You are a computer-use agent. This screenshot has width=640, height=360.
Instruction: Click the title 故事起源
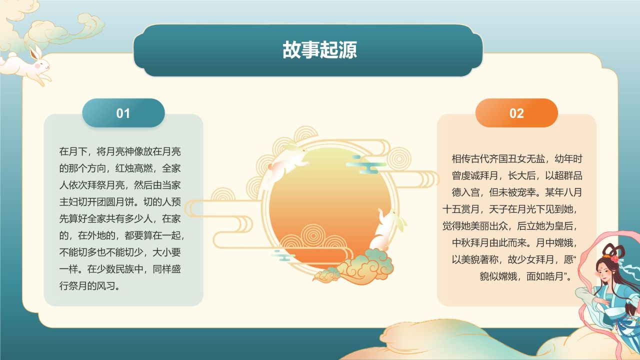(x=319, y=50)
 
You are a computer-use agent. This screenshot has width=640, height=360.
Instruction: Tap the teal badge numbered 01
(x=123, y=113)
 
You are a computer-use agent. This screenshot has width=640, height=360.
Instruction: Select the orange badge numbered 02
(x=516, y=113)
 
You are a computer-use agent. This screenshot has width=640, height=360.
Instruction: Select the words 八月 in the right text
(x=573, y=192)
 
